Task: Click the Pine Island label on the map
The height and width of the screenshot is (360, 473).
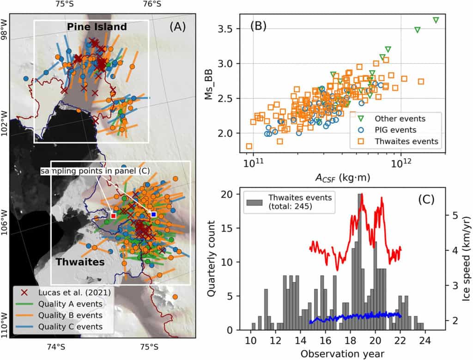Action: point(97,27)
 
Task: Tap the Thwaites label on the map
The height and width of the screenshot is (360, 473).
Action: point(80,262)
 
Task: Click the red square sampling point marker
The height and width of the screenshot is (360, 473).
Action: point(113,215)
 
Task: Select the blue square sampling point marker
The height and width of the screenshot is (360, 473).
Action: point(153,214)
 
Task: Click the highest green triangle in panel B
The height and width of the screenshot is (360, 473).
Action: point(436,20)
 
